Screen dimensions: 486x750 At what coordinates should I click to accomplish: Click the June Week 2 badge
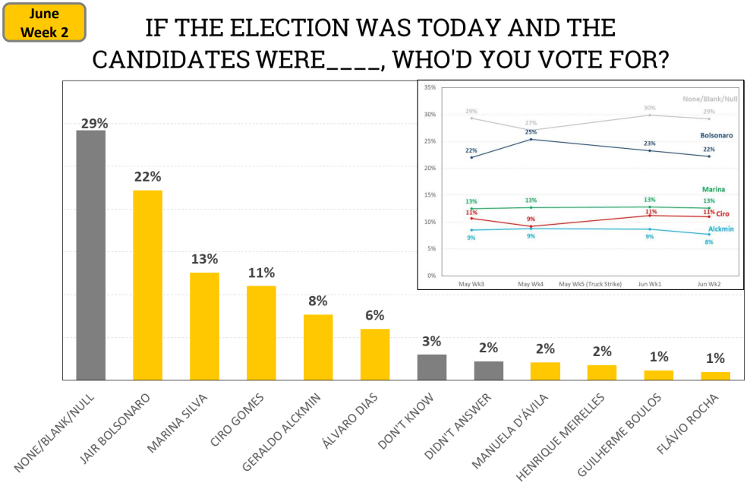tap(44, 23)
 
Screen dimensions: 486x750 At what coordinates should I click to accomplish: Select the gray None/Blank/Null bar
tap(90, 254)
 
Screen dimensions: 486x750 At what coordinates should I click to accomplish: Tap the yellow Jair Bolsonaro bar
tap(147, 285)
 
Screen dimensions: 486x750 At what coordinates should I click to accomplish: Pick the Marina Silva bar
tap(204, 326)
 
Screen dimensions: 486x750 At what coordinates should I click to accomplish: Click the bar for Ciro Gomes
tap(261, 333)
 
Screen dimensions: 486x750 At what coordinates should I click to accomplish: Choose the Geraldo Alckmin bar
tap(318, 346)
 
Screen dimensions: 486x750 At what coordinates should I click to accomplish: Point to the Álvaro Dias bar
tap(375, 354)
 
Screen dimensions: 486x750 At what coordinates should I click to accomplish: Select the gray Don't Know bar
tap(432, 367)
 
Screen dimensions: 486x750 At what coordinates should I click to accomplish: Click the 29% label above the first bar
tap(93, 123)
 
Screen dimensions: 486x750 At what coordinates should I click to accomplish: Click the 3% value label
tap(431, 341)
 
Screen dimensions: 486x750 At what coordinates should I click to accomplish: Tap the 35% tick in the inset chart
tap(430, 88)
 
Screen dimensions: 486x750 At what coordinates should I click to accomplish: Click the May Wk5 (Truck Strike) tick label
tap(590, 284)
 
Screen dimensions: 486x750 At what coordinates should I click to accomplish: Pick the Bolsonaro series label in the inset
tap(716, 135)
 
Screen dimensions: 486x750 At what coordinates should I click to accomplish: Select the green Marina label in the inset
tap(713, 189)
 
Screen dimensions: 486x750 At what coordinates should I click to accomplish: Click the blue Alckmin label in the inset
tap(721, 229)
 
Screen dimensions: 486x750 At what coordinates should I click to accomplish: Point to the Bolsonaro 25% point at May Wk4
tap(531, 139)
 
